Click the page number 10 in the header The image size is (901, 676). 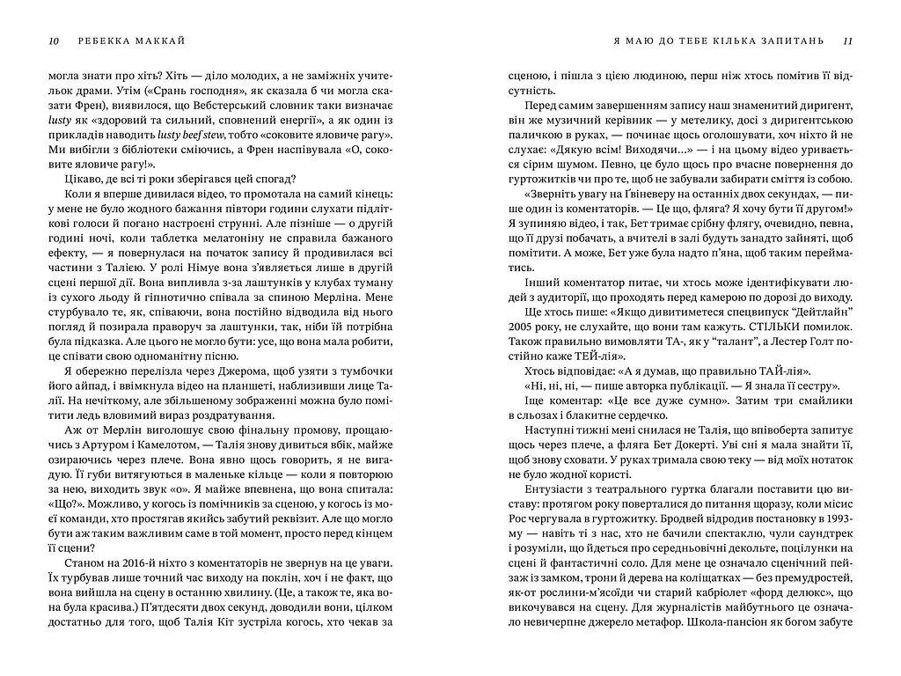[53, 40]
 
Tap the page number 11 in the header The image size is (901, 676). [847, 40]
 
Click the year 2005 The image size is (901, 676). [521, 330]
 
